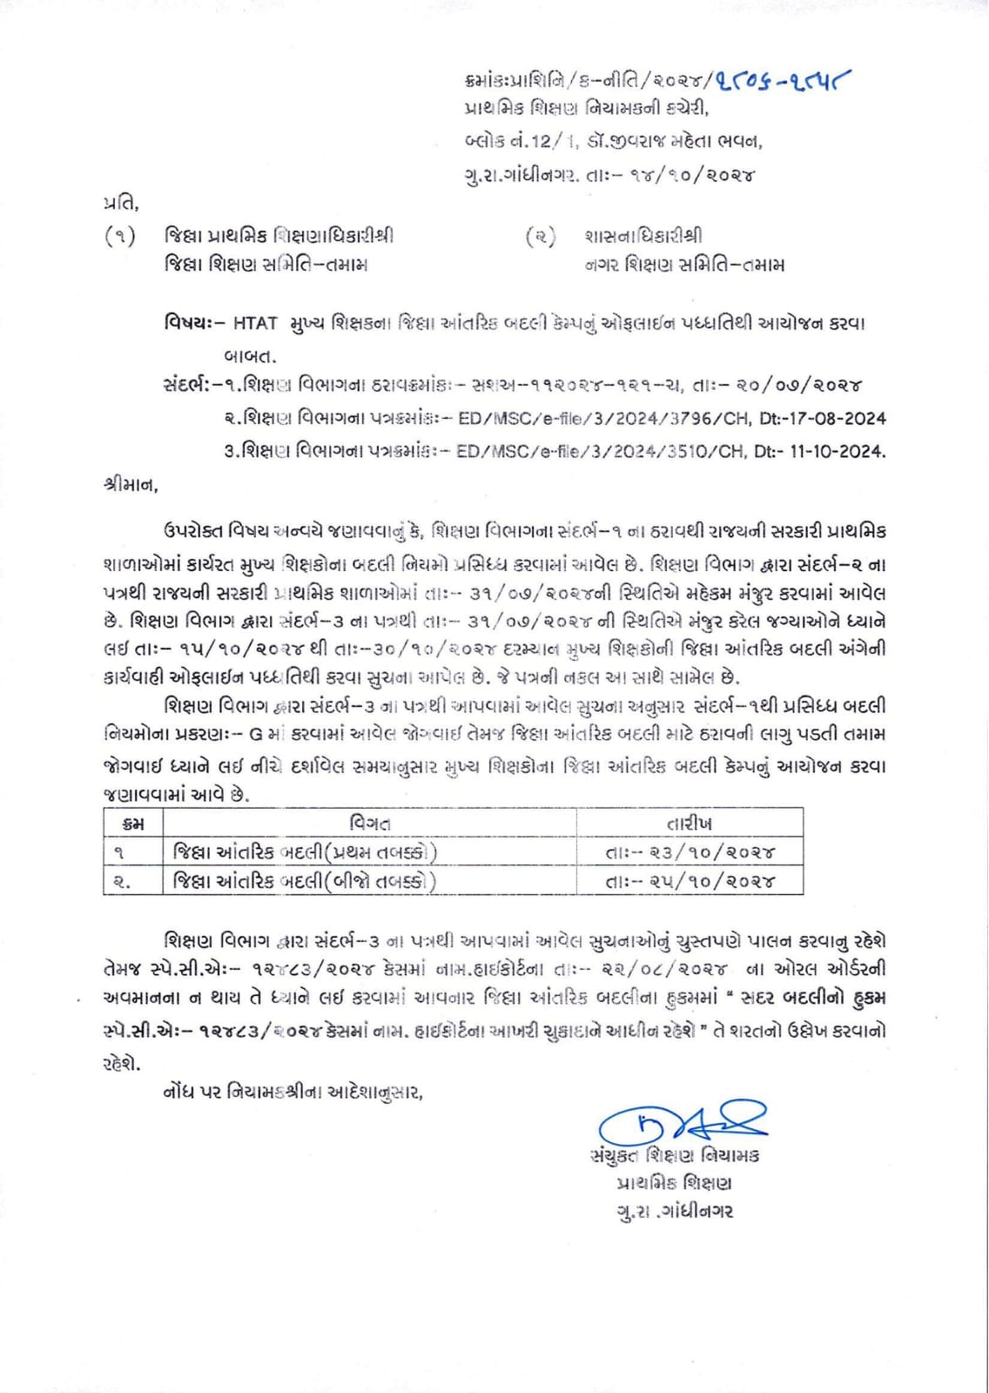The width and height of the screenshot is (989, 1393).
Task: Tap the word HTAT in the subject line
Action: click(x=254, y=323)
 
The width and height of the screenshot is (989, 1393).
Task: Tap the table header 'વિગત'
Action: click(x=369, y=823)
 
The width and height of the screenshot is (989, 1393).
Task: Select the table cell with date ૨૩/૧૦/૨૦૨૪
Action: click(x=690, y=852)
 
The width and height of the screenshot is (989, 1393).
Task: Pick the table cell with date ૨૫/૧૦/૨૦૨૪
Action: click(x=690, y=881)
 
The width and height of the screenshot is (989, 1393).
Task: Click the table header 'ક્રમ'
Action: click(x=132, y=823)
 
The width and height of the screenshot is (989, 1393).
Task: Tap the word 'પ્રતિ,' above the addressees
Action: click(x=120, y=204)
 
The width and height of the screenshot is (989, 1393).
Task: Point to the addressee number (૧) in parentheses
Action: click(x=119, y=236)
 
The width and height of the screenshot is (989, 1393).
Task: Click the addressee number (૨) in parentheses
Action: click(x=541, y=236)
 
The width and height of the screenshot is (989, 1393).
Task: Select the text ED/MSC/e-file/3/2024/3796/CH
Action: click(x=603, y=418)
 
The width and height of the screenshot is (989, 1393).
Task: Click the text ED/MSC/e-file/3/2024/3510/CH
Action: click(x=603, y=451)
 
